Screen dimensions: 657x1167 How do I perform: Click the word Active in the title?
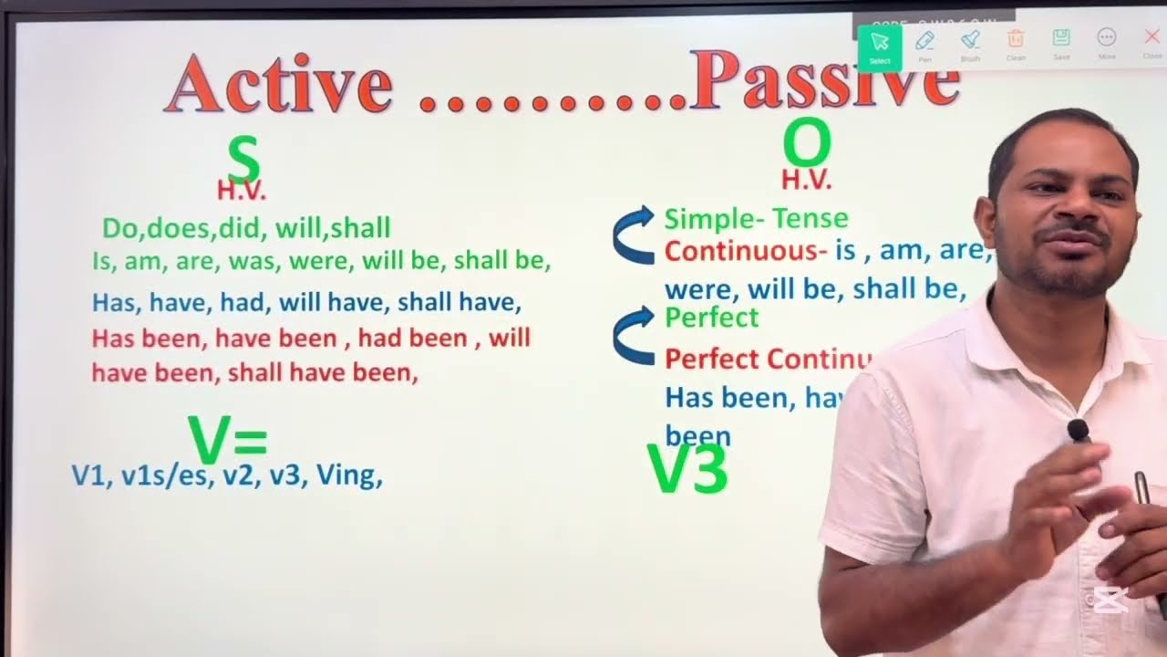pos(279,84)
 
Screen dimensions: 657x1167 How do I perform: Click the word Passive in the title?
pos(824,80)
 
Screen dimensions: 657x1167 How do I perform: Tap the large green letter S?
pos(243,160)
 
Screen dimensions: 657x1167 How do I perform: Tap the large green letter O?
pos(807,144)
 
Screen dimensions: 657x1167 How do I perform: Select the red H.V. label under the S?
pos(242,191)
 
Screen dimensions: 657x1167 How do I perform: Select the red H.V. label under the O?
pos(807,181)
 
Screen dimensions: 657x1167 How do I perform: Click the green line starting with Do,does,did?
pos(246,227)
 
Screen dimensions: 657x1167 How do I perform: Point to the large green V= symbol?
pos(227,439)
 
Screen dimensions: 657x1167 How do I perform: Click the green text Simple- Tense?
pos(756,219)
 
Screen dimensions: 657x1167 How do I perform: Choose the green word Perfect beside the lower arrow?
pos(711,318)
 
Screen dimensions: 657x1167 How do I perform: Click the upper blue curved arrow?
pos(635,235)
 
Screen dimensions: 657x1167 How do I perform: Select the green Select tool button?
pos(880,46)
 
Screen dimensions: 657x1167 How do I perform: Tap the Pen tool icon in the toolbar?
pos(924,42)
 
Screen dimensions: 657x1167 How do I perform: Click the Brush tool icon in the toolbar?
pos(970,42)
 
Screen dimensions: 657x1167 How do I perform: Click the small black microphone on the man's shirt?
pos(1079,430)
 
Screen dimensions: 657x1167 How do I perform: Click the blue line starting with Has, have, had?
pos(306,302)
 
